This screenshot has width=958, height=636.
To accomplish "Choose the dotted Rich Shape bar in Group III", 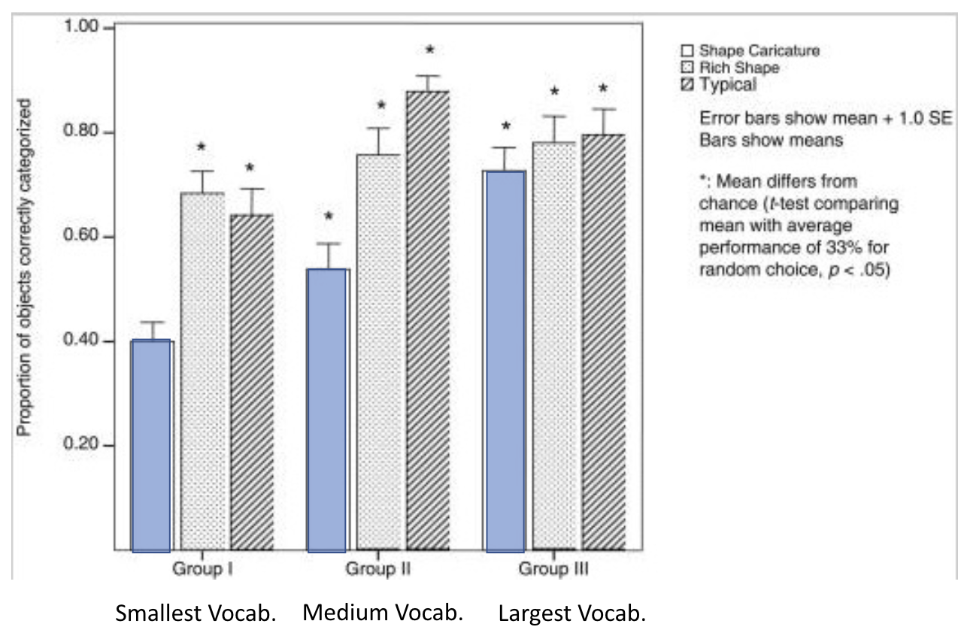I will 554,346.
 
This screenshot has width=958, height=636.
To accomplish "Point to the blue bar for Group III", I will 505,361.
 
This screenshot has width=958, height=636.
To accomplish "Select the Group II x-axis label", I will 377,569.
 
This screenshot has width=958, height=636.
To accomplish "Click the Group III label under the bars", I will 553,569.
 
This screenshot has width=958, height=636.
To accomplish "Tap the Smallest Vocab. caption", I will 196,613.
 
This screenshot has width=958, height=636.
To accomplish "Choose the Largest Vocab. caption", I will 571,613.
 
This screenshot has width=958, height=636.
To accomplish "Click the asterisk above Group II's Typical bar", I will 429,50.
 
